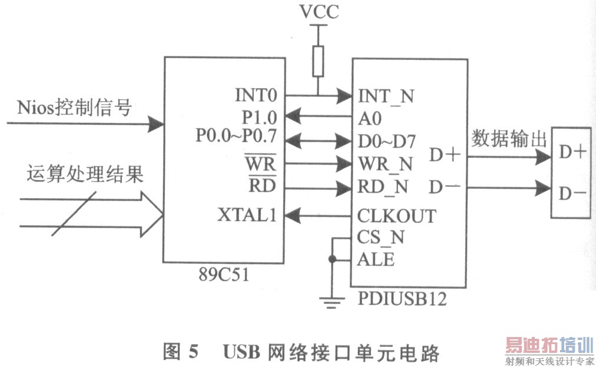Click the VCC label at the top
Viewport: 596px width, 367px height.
point(319,11)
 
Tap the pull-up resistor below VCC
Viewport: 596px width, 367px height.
point(318,61)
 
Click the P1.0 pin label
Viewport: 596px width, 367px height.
point(259,116)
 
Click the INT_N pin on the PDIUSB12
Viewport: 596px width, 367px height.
point(386,96)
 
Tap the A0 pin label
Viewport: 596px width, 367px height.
point(369,118)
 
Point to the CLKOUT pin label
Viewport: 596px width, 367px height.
point(396,216)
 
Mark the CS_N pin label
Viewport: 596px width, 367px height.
point(380,238)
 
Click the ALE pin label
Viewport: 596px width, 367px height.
point(376,259)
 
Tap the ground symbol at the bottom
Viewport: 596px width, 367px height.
point(332,301)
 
